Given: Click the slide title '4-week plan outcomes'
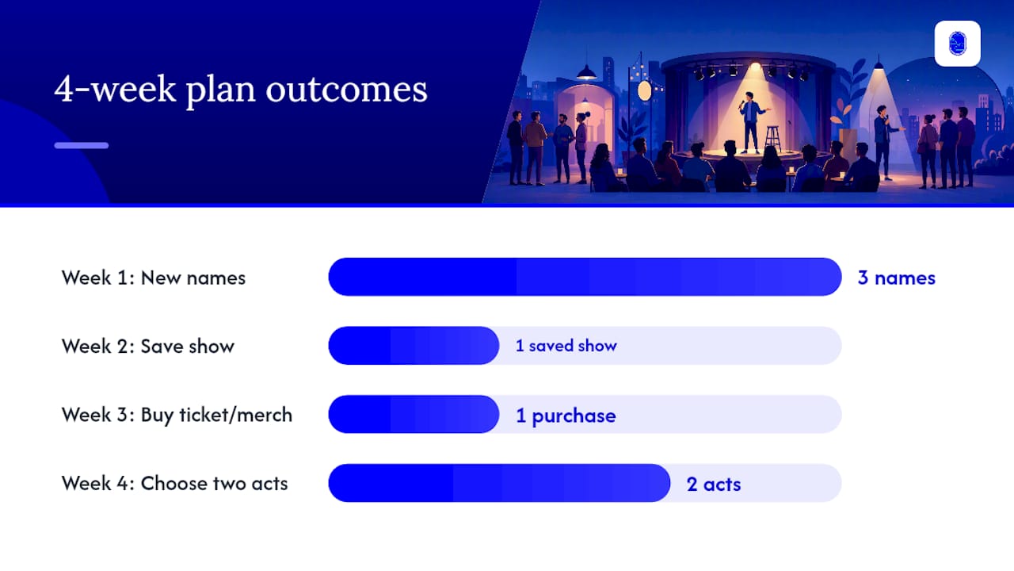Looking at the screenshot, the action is coord(240,90).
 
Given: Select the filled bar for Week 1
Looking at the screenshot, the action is coord(585,277).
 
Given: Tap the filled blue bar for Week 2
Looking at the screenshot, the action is coord(414,345).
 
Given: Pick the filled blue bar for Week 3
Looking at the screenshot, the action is coord(414,414).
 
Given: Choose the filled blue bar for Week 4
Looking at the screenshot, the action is coord(499,483).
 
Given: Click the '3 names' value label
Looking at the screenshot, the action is coord(896,278).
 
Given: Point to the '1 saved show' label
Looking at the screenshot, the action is coord(566,346).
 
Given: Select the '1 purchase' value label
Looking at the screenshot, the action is coord(566,416).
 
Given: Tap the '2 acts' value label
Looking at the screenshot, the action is coord(714,485).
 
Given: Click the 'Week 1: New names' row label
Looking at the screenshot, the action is coord(154,278).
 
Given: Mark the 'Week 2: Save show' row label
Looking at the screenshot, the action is coord(148,347).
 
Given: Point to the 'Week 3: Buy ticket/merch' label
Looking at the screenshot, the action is coord(177,415).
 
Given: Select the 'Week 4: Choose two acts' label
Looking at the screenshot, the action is coord(175,484).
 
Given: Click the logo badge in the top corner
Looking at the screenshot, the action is coord(958,44).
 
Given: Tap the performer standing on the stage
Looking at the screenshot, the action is coord(752,123).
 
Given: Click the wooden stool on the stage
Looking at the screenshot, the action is coord(772,138).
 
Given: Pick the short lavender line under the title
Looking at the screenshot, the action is coord(82,145).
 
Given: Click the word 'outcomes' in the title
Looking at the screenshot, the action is coord(346,90).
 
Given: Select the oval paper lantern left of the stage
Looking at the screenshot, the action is coord(645,90).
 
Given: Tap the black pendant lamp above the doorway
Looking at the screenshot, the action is coord(587,72).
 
